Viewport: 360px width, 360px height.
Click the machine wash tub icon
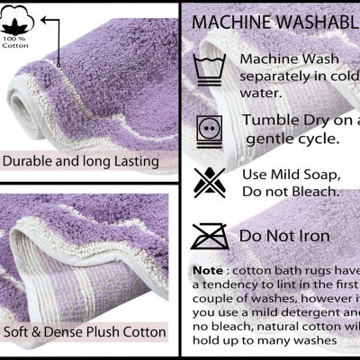(209, 67)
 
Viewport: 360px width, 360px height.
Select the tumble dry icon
(209, 127)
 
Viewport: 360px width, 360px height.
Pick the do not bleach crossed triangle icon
(209, 182)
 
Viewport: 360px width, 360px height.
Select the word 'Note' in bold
(206, 270)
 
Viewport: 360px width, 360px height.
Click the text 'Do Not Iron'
(285, 237)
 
